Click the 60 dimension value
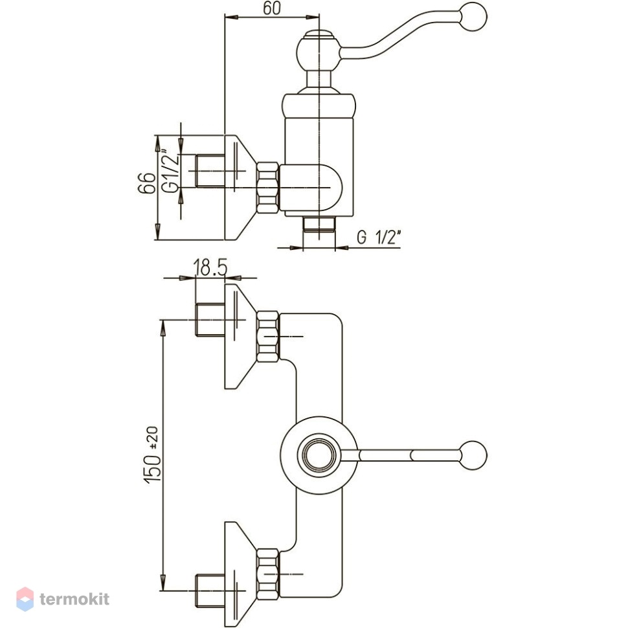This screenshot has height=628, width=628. coord(272,8)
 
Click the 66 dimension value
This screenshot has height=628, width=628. coord(146,183)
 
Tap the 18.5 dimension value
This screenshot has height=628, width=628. coord(210,267)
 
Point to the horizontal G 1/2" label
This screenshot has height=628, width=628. coord(379,237)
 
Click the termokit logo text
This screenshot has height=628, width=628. coord(74,599)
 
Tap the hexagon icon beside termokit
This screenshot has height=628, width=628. coord(25,599)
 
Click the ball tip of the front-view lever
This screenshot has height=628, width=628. coord(473,455)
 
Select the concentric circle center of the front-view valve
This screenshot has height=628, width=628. coord(319,455)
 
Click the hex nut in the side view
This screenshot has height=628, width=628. coord(267,188)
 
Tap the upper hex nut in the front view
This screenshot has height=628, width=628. coord(268,337)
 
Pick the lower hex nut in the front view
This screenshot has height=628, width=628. coord(268,574)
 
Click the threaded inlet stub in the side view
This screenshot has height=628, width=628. coord(210,171)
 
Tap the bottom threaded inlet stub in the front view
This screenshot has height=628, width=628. coord(210,590)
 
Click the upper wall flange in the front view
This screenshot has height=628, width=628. coord(240,337)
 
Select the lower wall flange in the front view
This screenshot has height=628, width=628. coord(240,574)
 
